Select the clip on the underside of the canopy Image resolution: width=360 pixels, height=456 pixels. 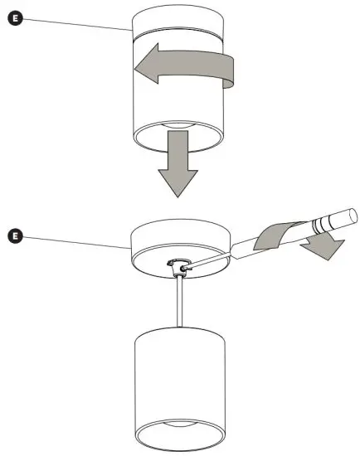click(178, 266)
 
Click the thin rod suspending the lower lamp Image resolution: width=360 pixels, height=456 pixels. click(178, 303)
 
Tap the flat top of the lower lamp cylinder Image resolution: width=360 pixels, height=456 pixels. click(178, 329)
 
